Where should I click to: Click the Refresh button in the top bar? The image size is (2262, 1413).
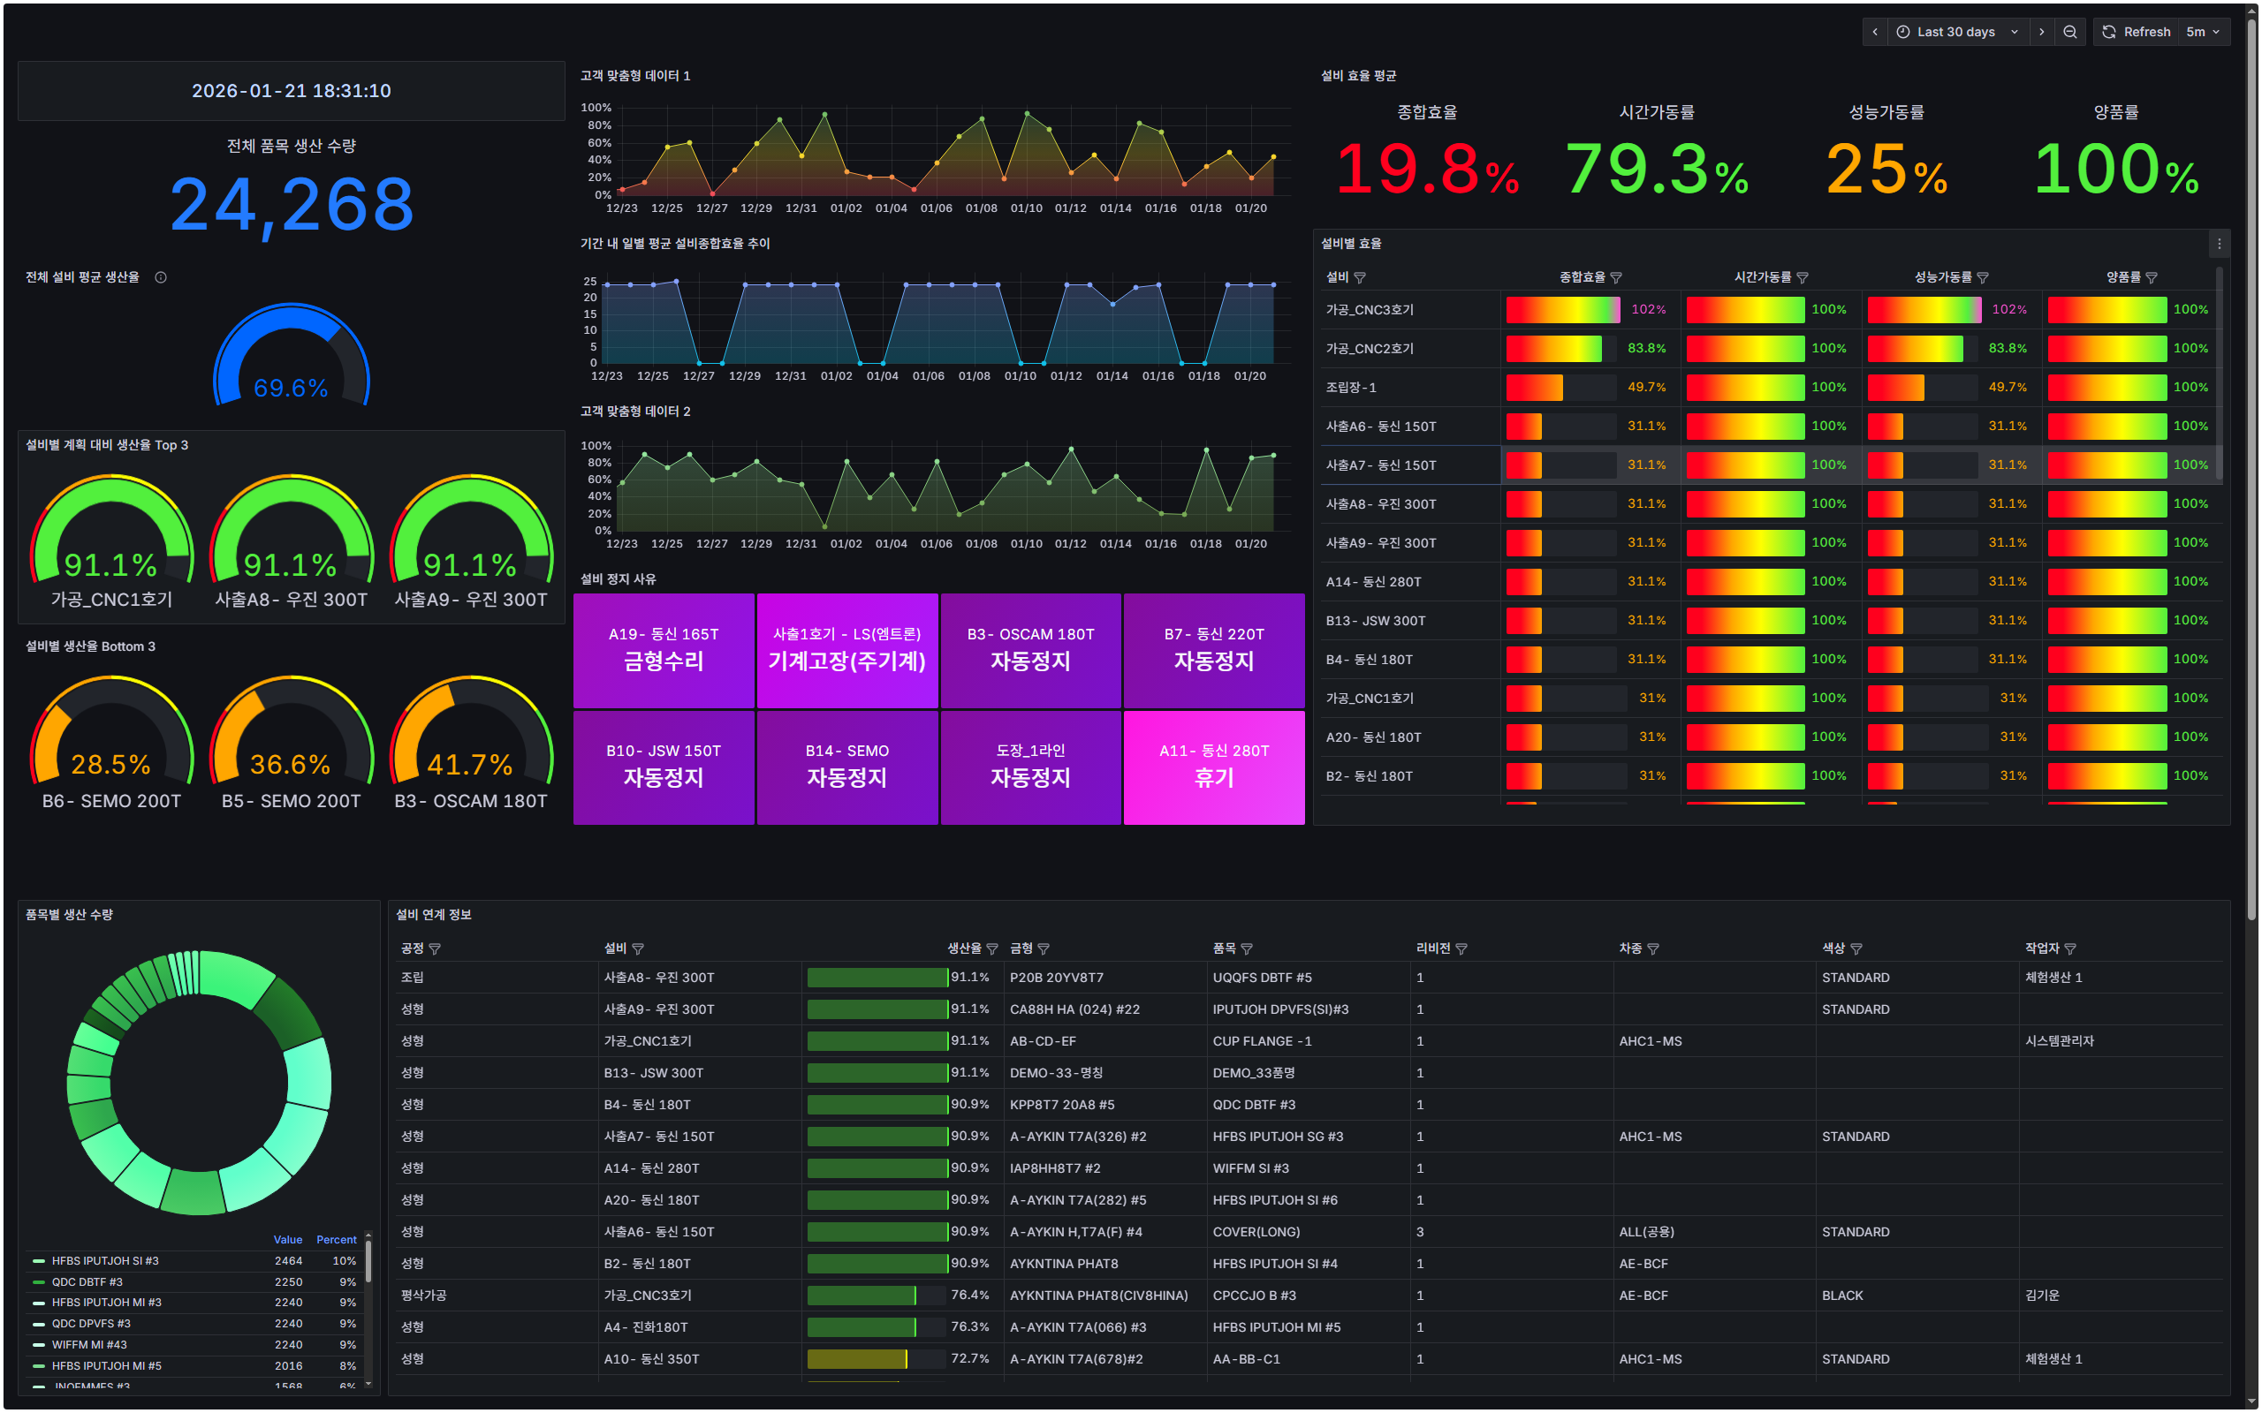[x=2137, y=32]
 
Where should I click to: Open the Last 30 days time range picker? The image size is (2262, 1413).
[x=1955, y=32]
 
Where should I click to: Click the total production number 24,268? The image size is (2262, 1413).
[x=292, y=205]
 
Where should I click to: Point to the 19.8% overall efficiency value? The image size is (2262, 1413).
[x=1426, y=170]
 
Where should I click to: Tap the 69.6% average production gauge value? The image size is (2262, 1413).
[x=291, y=388]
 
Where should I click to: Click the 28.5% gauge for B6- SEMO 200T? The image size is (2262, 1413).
[x=111, y=764]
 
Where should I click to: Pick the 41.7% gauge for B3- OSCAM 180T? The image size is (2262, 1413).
[x=470, y=764]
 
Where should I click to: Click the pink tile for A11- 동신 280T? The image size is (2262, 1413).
[x=1213, y=767]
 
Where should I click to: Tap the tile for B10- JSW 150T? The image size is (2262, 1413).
[x=664, y=767]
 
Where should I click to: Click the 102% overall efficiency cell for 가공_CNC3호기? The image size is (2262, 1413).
[x=1648, y=309]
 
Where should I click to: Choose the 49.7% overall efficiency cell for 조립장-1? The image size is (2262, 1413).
[x=1646, y=387]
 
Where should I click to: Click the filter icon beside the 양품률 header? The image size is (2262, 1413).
[x=2152, y=277]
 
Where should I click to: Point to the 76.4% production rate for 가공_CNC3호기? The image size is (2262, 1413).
[x=969, y=1296]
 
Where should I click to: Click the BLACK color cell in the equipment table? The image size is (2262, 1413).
[x=1842, y=1296]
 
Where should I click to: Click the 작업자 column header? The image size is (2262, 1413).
[x=2041, y=948]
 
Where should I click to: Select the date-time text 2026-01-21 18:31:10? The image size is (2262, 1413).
[x=292, y=91]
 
